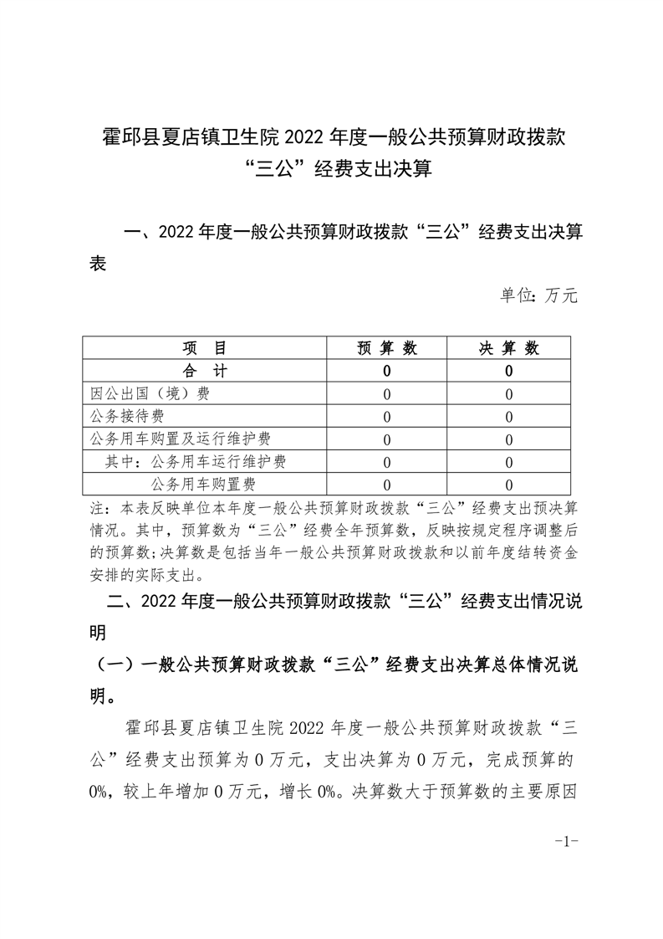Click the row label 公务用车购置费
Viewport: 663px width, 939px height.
click(x=203, y=484)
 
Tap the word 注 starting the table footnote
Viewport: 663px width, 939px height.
click(x=96, y=508)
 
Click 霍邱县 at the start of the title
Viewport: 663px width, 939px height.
click(x=125, y=136)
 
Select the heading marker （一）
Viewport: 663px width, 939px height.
click(x=115, y=665)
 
